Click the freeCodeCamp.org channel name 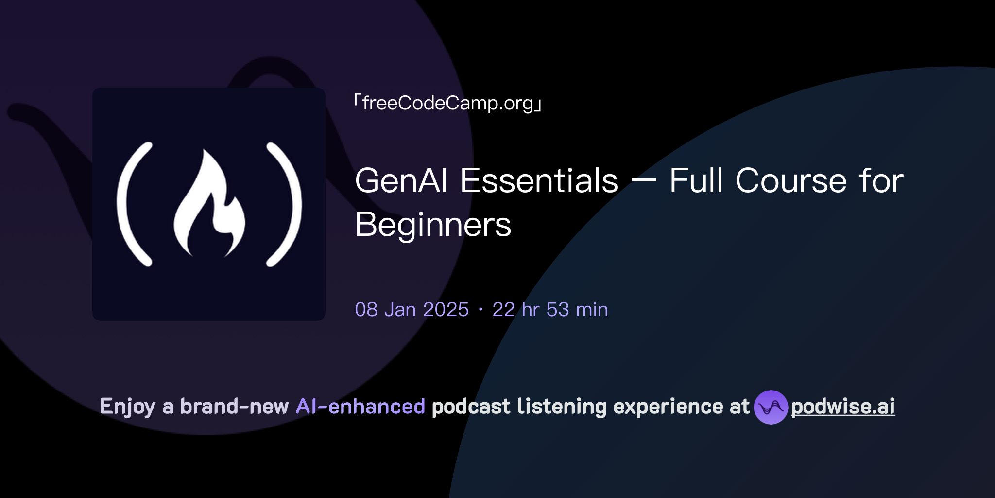pos(447,103)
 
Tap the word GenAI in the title pos(401,181)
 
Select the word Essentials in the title pos(539,181)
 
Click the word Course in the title pos(791,181)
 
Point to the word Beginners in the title pos(433,225)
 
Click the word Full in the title pos(696,181)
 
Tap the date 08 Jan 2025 pos(412,310)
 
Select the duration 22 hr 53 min pos(550,310)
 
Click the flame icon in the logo pos(209,204)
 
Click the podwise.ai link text pos(843,407)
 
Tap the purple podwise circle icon pos(771,407)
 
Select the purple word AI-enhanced pos(360,407)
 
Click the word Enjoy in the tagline pos(127,407)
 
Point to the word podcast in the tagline pos(471,407)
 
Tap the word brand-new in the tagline pos(234,407)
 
